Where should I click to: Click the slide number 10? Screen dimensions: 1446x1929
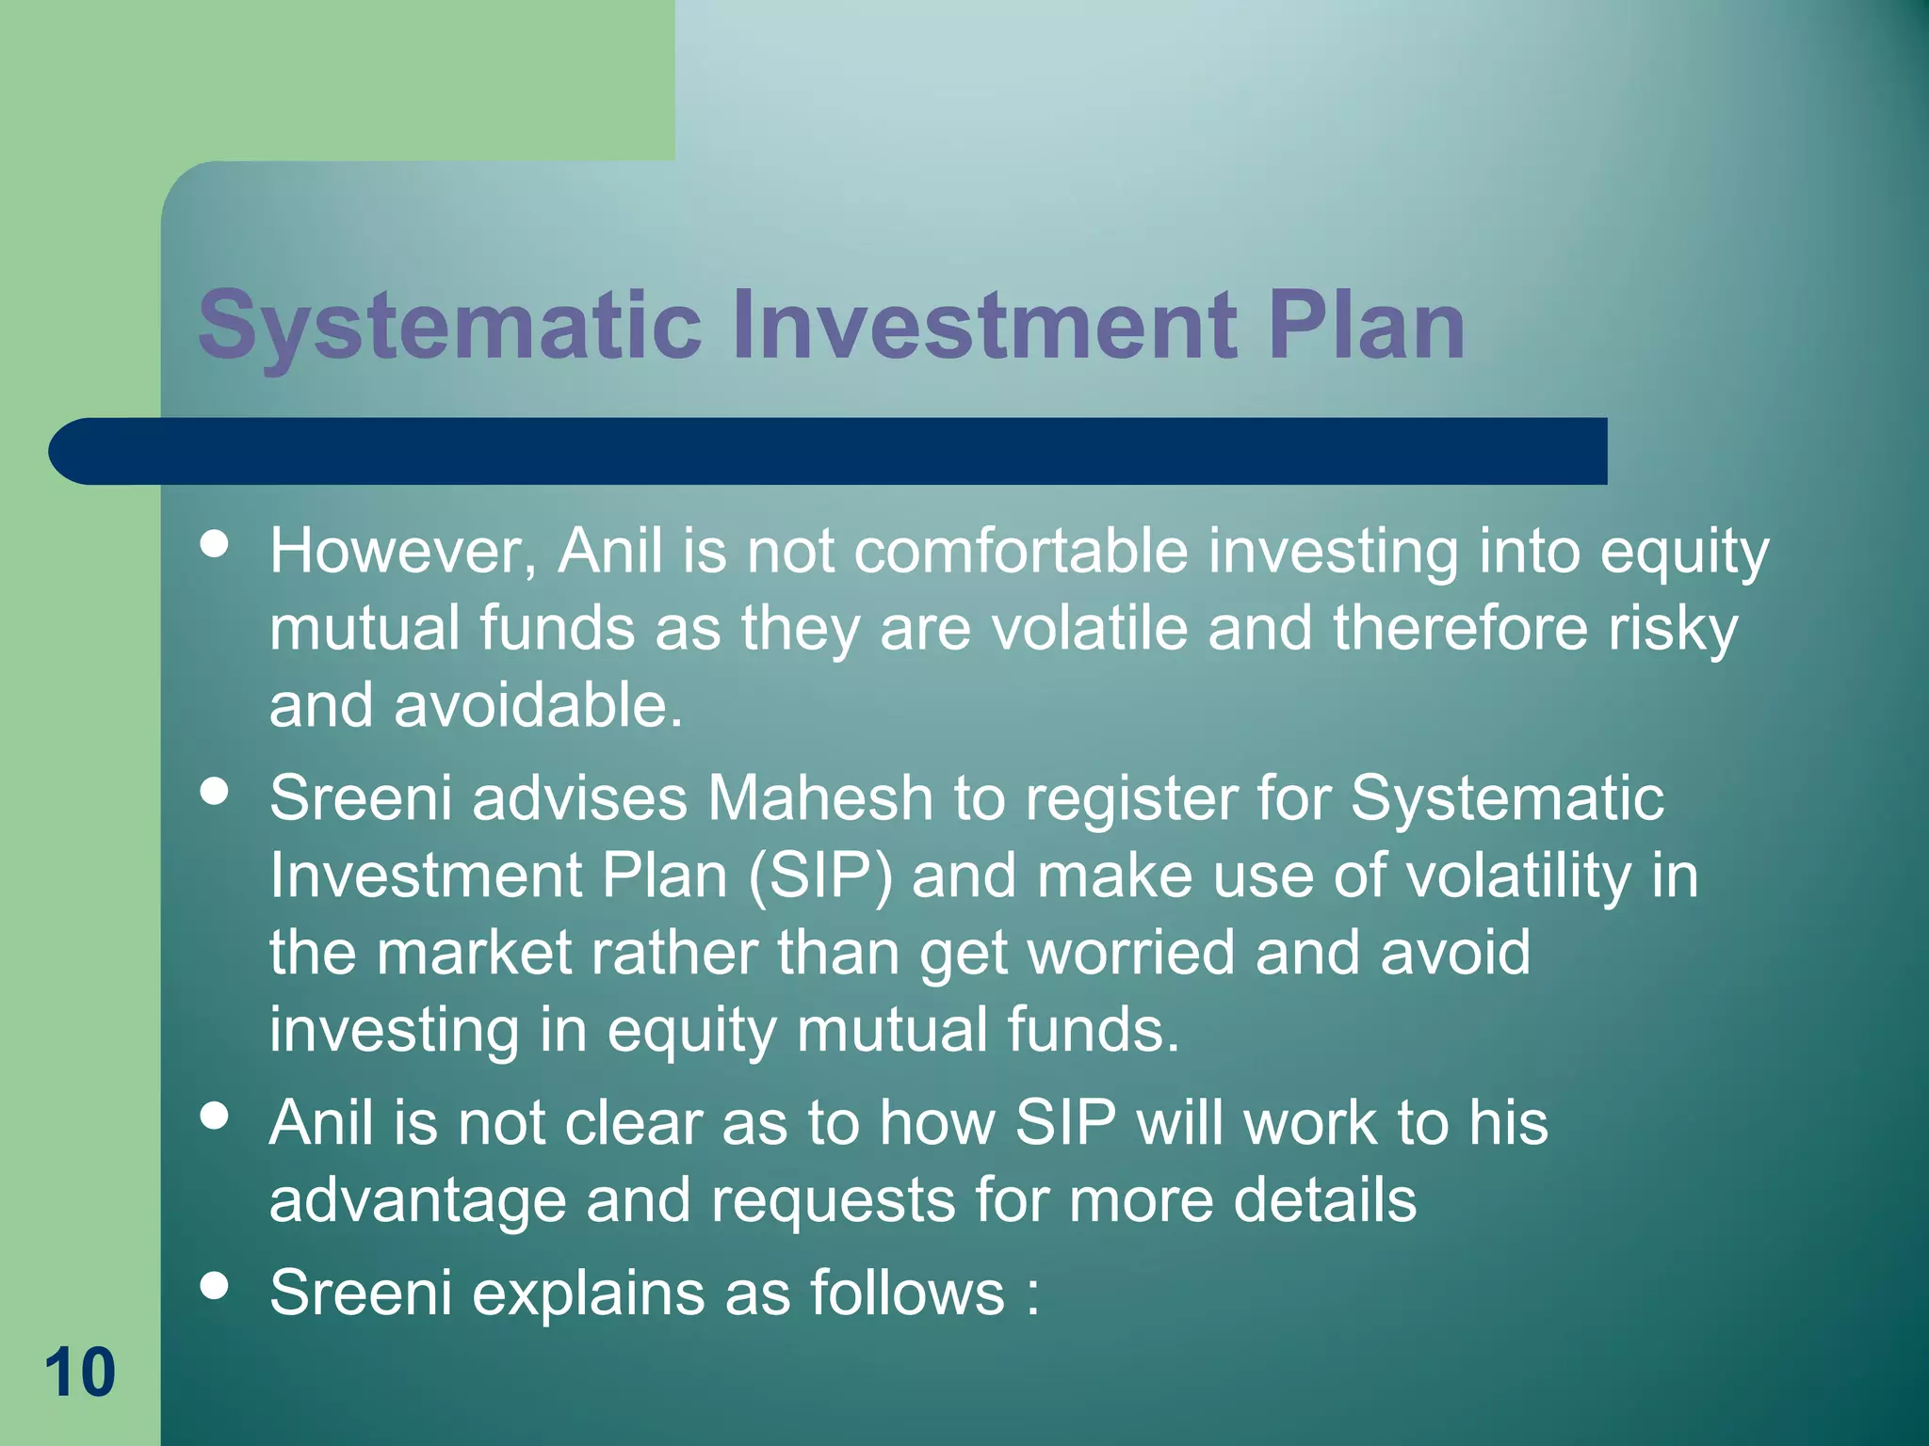pos(80,1373)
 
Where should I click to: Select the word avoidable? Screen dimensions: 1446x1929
pos(538,705)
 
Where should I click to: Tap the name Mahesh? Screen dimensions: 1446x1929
pos(819,798)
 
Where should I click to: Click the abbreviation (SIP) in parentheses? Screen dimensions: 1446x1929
pos(819,876)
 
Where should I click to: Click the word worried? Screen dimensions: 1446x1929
pos(1130,953)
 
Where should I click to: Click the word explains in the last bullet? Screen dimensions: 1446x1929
pos(588,1293)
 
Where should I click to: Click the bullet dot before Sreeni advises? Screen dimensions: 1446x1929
pos(215,791)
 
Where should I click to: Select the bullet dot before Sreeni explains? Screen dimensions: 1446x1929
pos(215,1285)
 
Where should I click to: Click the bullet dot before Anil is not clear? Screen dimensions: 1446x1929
pos(215,1116)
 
